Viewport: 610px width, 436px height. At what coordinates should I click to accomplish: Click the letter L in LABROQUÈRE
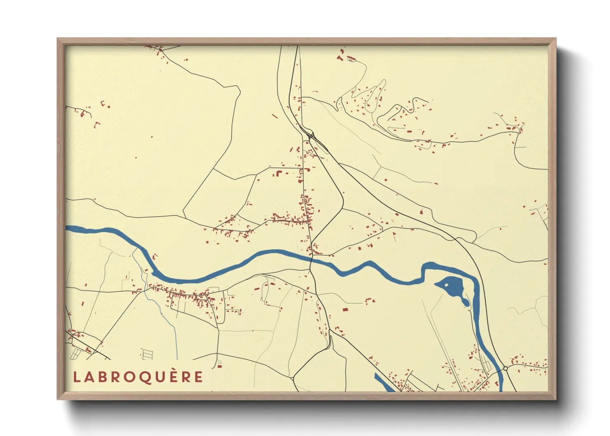pyautogui.click(x=76, y=377)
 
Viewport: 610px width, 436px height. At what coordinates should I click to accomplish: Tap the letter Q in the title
pyautogui.click(x=146, y=377)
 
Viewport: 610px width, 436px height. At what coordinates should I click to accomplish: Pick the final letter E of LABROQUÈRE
pyautogui.click(x=199, y=377)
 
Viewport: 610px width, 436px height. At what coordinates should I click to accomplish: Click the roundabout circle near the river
pyautogui.click(x=505, y=368)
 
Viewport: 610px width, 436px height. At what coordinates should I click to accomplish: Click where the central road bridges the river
pyautogui.click(x=311, y=260)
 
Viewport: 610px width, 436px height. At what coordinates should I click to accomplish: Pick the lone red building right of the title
pyautogui.click(x=220, y=366)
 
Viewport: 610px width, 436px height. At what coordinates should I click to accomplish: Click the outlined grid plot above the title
pyautogui.click(x=147, y=354)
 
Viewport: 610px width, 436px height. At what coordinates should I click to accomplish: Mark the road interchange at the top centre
pyautogui.click(x=310, y=135)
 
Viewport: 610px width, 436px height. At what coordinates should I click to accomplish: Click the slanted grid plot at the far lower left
pyautogui.click(x=77, y=353)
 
